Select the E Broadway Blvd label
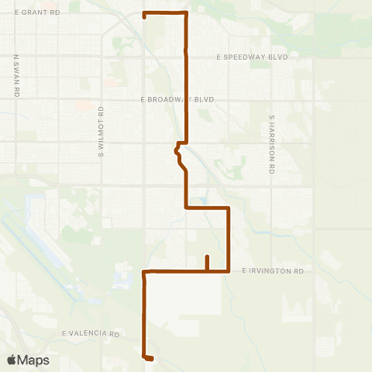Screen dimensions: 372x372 177,100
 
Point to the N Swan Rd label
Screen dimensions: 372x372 16,74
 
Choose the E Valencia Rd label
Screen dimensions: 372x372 91,334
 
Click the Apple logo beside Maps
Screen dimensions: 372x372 13,360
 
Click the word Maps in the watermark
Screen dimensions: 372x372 34,360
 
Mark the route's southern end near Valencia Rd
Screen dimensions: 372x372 150,358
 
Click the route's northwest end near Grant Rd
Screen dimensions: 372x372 145,15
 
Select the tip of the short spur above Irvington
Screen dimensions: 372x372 207,257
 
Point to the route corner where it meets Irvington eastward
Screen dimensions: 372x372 229,270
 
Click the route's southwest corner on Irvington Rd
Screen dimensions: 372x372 145,271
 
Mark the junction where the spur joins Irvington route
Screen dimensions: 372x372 207,270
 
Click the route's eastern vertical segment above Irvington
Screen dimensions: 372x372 229,240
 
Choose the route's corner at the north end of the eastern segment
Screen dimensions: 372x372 229,208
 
